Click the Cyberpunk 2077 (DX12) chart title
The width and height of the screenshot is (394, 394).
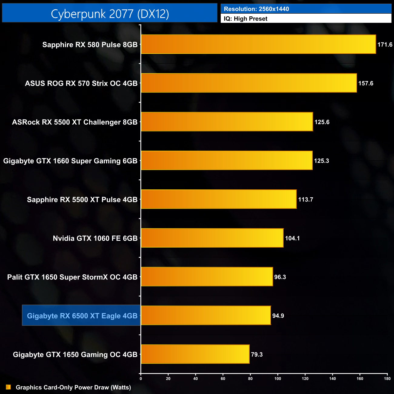click(x=110, y=14)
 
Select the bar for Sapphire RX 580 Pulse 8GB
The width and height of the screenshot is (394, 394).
click(x=258, y=44)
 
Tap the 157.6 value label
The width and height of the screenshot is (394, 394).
click(x=366, y=83)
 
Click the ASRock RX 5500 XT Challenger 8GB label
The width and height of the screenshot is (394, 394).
click(x=75, y=122)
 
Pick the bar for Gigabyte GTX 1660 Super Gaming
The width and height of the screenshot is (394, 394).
click(x=227, y=160)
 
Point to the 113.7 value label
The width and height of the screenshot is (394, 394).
click(x=306, y=200)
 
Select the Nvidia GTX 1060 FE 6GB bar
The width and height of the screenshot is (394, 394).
click(x=212, y=238)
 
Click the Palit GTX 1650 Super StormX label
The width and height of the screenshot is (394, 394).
click(x=72, y=277)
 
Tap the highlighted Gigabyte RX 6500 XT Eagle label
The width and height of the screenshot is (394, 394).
click(x=82, y=316)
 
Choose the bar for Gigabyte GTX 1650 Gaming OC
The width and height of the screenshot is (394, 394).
click(x=195, y=354)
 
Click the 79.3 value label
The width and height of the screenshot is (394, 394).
click(x=257, y=355)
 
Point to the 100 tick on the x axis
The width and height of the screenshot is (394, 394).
click(x=278, y=379)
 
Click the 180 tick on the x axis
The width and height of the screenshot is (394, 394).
click(x=387, y=379)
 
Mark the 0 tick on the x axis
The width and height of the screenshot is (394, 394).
click(x=141, y=379)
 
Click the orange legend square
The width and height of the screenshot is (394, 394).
click(x=8, y=387)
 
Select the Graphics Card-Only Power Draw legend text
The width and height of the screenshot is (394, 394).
click(x=73, y=387)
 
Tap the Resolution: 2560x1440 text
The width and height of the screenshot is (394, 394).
click(x=256, y=9)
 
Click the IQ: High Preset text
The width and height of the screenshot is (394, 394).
click(x=245, y=19)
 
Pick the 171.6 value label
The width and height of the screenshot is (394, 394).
click(x=385, y=45)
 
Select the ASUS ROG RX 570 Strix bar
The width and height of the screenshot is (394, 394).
click(x=249, y=83)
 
